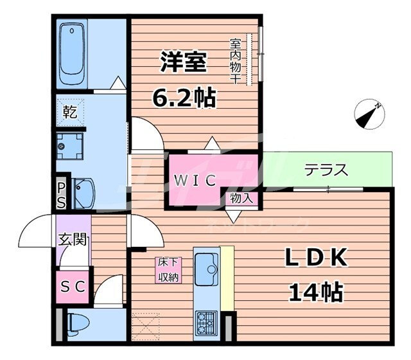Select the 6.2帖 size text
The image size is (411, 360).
(x=183, y=98)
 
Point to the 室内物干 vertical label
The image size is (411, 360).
(x=236, y=62)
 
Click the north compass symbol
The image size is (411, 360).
(x=369, y=114)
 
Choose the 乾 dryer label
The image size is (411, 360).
(x=70, y=113)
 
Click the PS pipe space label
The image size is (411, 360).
(x=61, y=195)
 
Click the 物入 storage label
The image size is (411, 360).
(x=241, y=199)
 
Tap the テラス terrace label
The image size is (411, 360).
(x=326, y=170)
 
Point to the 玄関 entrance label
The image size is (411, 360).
(x=72, y=240)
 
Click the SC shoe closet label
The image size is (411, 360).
(x=73, y=287)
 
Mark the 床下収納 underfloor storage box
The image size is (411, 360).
(x=168, y=270)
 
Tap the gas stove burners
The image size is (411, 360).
(x=207, y=321)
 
